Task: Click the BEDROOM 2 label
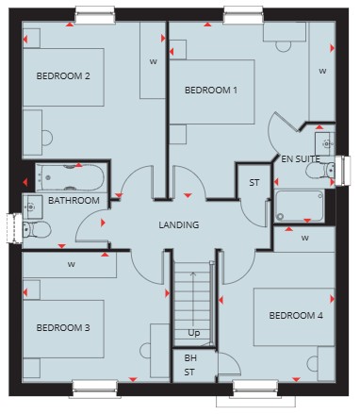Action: (x=63, y=76)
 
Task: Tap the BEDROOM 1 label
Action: (x=211, y=91)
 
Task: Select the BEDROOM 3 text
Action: (x=63, y=328)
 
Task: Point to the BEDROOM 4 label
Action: (x=296, y=315)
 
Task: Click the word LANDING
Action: (x=179, y=225)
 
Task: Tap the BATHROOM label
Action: (x=74, y=201)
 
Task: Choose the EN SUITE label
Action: (x=301, y=159)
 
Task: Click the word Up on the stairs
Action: (x=194, y=333)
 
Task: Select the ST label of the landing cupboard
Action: (x=254, y=183)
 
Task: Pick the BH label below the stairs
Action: (x=190, y=358)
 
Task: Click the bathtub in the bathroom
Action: (x=71, y=177)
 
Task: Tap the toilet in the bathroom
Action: (x=37, y=229)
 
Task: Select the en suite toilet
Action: (x=320, y=170)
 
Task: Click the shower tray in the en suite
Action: (x=300, y=206)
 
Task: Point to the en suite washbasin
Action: (x=325, y=143)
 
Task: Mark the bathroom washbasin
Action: (x=32, y=207)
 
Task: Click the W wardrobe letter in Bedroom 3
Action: (x=72, y=265)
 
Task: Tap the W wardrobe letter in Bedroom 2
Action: (x=153, y=61)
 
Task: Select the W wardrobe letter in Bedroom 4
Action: (x=304, y=238)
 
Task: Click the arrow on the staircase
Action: (x=193, y=300)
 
